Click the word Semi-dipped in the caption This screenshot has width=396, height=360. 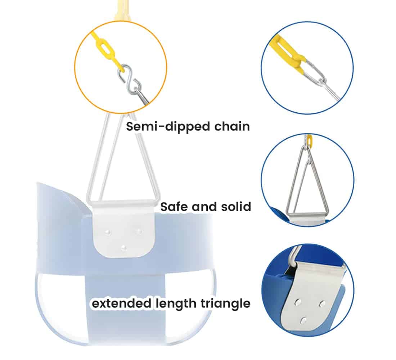click(168, 127)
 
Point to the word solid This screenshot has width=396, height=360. click(236, 206)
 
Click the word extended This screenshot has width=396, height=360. click(121, 303)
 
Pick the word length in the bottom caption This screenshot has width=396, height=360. click(176, 303)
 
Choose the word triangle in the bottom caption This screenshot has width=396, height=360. click(225, 303)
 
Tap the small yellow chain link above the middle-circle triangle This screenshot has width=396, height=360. click(310, 139)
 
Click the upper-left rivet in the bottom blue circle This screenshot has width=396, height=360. click(298, 302)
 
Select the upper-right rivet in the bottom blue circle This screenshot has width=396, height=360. click(322, 303)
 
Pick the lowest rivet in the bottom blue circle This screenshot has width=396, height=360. click(304, 321)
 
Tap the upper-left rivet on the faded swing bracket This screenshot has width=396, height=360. click(108, 232)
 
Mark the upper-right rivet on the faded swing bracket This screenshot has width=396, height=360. click(139, 231)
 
